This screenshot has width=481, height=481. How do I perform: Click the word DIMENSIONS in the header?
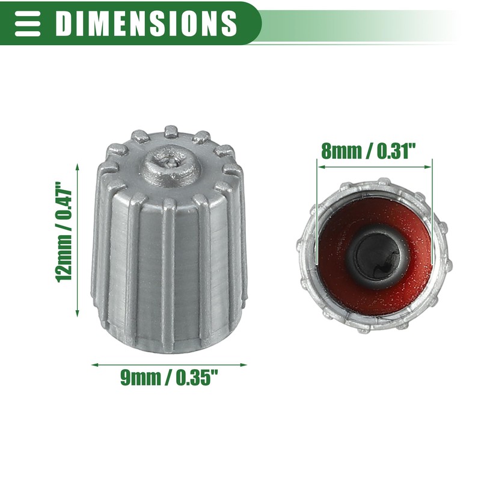146,23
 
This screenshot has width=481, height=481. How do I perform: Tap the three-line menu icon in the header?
28,23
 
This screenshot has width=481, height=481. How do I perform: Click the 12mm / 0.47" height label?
64,231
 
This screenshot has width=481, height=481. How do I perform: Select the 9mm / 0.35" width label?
169,378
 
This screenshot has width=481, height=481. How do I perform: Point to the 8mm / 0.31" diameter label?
368,151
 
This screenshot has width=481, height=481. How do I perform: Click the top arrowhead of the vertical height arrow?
78,167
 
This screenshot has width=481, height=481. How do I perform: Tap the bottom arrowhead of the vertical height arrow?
78,313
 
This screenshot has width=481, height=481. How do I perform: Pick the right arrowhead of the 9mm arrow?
244,365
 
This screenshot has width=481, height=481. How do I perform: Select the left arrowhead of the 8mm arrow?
321,167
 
